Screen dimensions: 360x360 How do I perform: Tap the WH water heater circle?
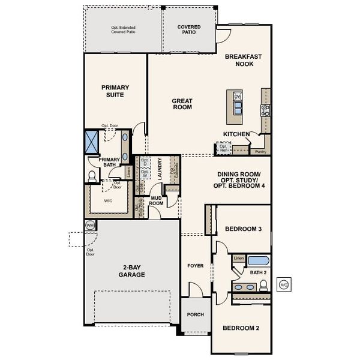91,225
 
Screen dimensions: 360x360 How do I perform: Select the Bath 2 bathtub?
259,261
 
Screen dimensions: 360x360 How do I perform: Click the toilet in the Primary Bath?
92,176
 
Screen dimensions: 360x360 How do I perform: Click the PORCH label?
195,314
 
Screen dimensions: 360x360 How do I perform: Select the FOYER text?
195,265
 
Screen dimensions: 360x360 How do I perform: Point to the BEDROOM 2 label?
241,328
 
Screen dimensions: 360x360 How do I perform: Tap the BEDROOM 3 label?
242,229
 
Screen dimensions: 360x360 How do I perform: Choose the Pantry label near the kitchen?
260,151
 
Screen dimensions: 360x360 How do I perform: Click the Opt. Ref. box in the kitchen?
223,148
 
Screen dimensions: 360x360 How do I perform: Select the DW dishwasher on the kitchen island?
238,97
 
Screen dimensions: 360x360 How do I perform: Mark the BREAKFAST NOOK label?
243,59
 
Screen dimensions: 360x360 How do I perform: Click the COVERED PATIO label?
189,30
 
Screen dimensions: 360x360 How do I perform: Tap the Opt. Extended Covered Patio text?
122,30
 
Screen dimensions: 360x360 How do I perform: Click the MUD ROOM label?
157,200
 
